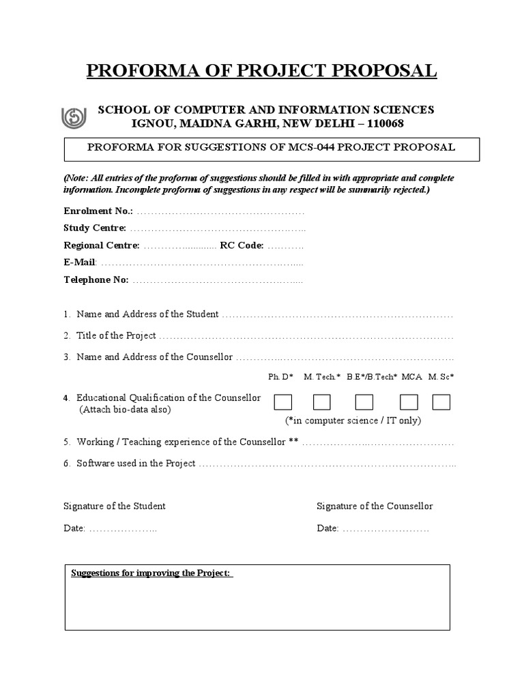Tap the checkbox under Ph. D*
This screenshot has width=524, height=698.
pyautogui.click(x=283, y=402)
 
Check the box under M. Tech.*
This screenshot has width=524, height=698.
pyautogui.click(x=322, y=402)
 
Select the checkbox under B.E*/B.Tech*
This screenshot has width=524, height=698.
pyautogui.click(x=364, y=402)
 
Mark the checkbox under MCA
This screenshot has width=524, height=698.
pyautogui.click(x=409, y=402)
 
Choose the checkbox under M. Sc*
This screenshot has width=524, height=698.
pyautogui.click(x=441, y=402)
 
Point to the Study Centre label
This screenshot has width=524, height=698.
pyautogui.click(x=95, y=228)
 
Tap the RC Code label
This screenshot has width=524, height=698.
pyautogui.click(x=242, y=245)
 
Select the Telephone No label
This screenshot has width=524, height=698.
pyautogui.click(x=96, y=279)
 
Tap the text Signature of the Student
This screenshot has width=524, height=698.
pyautogui.click(x=115, y=506)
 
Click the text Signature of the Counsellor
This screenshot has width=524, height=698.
pyautogui.click(x=375, y=506)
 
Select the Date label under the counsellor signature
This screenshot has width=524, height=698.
pyautogui.click(x=327, y=528)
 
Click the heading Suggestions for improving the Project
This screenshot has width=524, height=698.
pyautogui.click(x=151, y=573)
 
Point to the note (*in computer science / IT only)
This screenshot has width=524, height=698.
pyautogui.click(x=353, y=420)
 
